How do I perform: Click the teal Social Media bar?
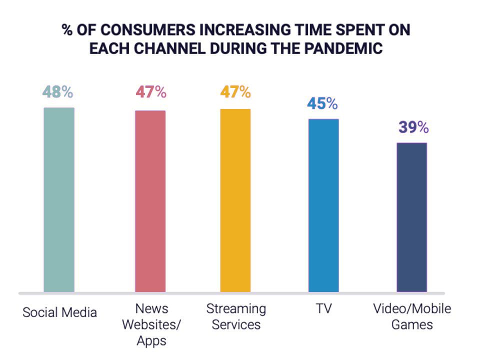point(59,199)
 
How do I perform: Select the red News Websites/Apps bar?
point(150,201)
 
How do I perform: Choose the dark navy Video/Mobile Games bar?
point(412,217)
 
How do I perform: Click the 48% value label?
point(58,92)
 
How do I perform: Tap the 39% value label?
point(413,127)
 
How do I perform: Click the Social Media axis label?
point(59,313)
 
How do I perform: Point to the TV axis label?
point(323,308)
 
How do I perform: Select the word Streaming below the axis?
point(236,308)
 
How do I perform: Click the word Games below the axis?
point(412,324)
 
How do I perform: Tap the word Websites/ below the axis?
point(151,324)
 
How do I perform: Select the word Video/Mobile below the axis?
point(412,308)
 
